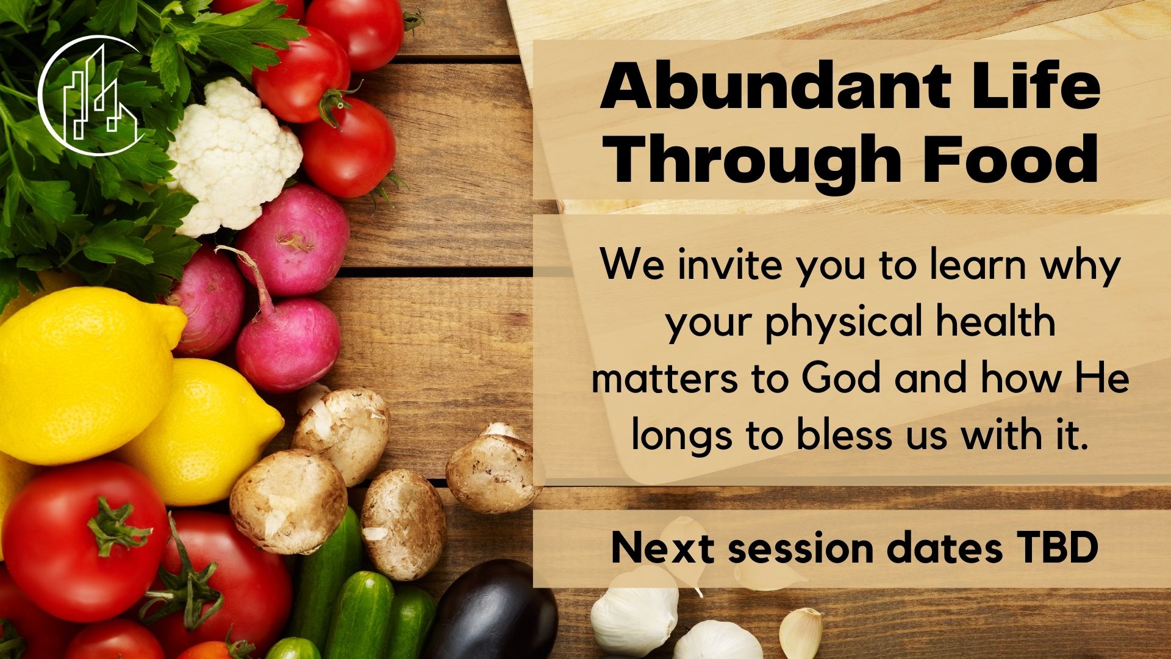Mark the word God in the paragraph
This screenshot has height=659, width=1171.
click(841, 380)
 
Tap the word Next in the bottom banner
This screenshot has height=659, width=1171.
click(662, 549)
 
